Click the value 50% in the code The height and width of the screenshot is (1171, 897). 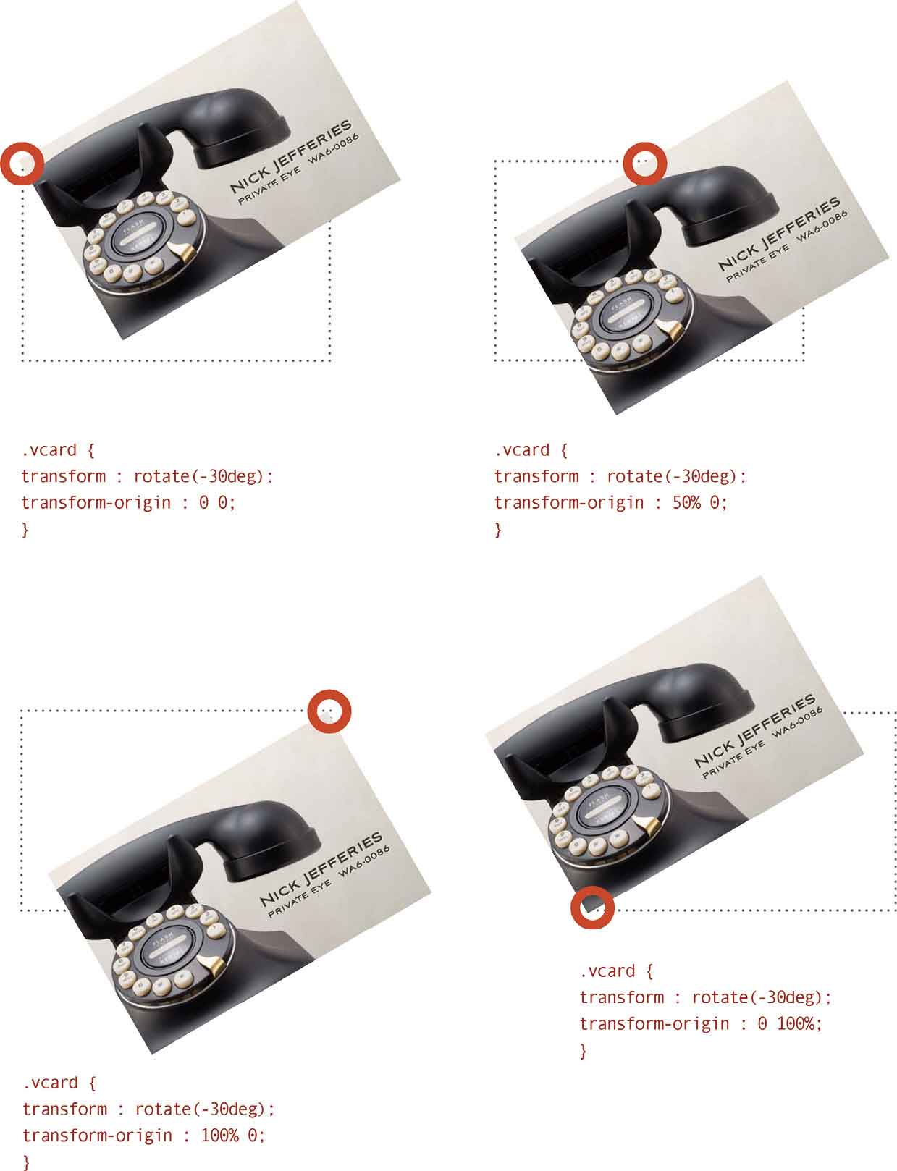(x=686, y=503)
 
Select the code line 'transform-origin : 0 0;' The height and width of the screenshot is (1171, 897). (x=128, y=503)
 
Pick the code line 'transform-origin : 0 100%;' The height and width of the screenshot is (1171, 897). (x=701, y=1024)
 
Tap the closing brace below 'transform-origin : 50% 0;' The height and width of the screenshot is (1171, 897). (x=498, y=530)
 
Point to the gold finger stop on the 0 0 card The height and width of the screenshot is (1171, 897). (x=180, y=250)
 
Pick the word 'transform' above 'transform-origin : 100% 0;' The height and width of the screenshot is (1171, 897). (x=64, y=1109)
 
